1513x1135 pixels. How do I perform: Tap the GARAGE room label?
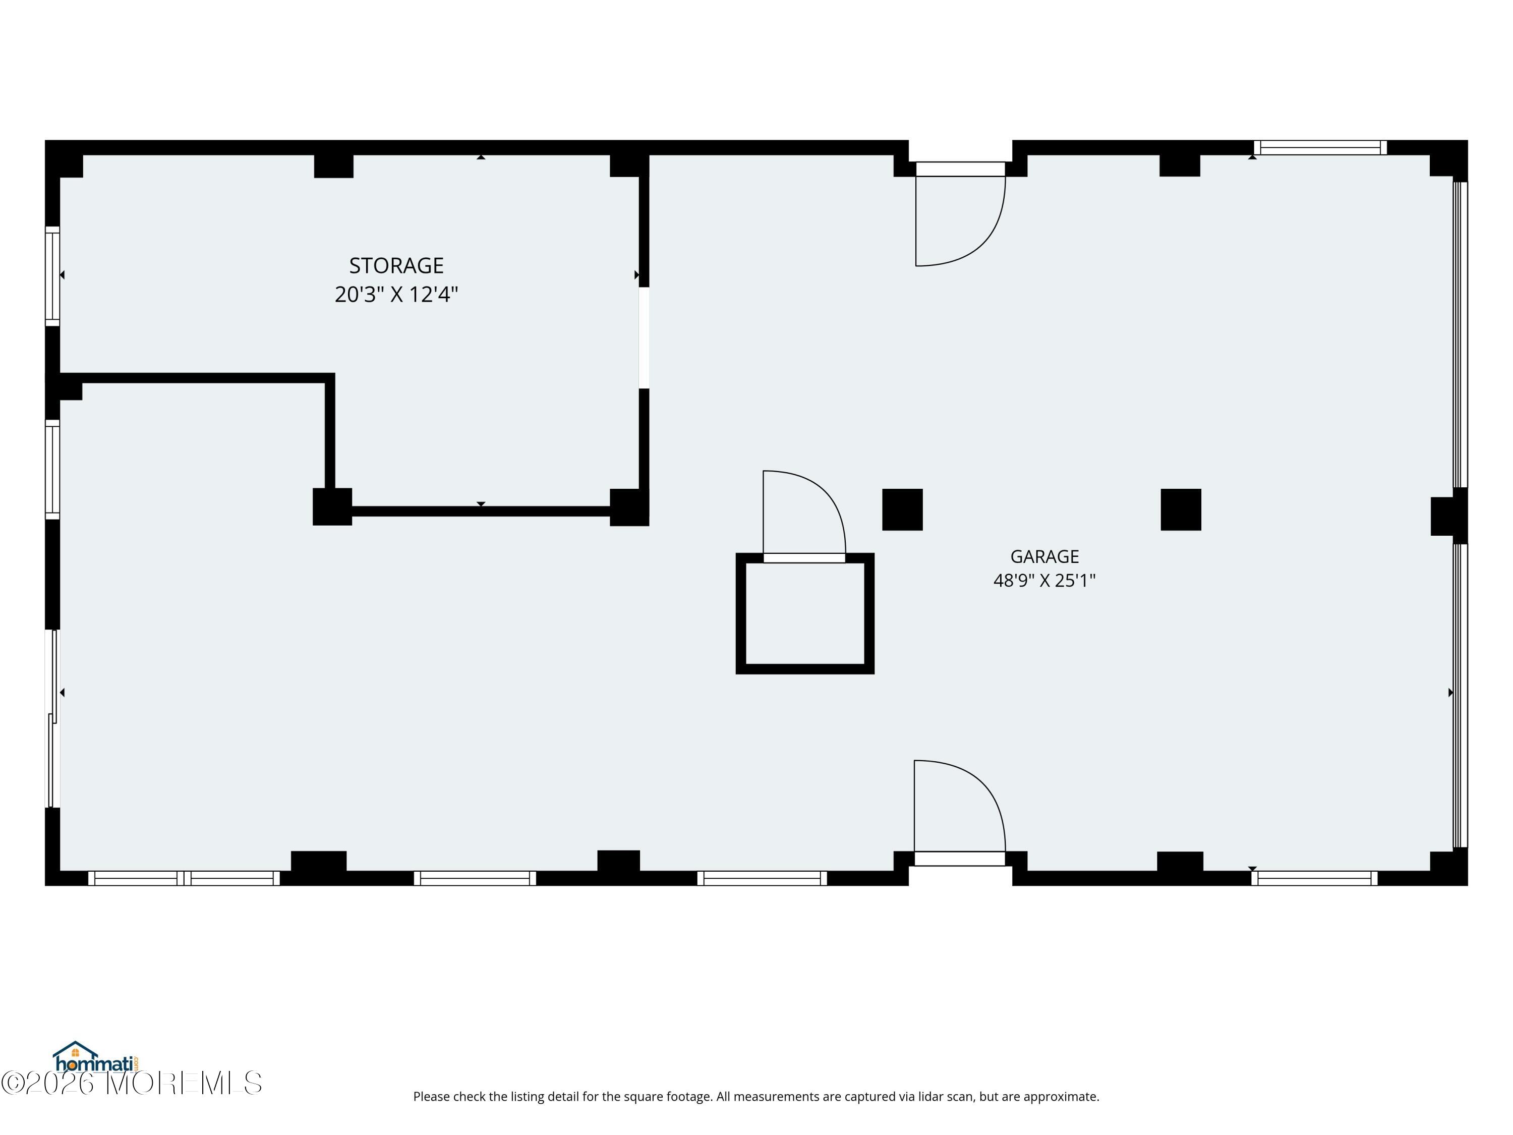pos(1044,556)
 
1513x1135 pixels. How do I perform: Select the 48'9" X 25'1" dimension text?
pos(1044,580)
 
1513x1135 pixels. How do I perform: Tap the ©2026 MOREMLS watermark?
pos(131,1083)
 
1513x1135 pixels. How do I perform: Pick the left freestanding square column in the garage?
pos(902,509)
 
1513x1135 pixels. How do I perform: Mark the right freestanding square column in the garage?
pos(1181,509)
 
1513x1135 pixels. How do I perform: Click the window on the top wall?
pos(1320,148)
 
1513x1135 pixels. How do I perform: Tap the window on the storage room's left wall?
pos(52,276)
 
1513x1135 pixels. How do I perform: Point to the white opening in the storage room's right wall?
pos(644,338)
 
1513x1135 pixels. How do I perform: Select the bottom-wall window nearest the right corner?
pos(1315,878)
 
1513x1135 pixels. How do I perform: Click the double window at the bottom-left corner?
pos(184,878)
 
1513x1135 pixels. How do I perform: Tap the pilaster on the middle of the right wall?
pos(1449,516)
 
